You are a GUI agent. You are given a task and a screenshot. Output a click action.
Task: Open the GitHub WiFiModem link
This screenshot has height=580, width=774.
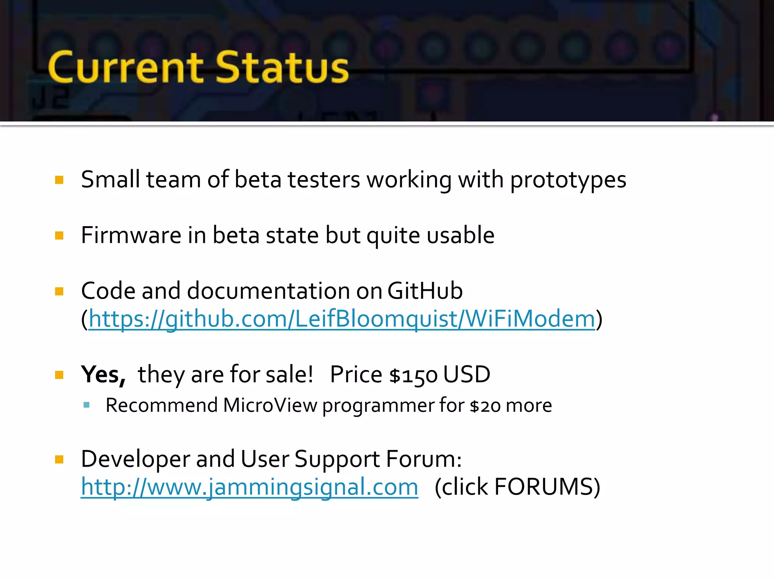[342, 319]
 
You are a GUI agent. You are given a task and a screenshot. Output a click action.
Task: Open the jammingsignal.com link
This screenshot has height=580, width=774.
[249, 487]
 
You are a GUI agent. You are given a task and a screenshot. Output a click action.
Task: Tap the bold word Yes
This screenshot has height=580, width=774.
[103, 375]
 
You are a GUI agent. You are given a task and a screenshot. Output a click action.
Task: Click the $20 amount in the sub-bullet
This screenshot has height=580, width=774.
[485, 406]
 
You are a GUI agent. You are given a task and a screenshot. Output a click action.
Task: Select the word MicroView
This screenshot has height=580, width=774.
[270, 406]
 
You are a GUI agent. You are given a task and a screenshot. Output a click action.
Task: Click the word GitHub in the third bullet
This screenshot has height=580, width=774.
[425, 291]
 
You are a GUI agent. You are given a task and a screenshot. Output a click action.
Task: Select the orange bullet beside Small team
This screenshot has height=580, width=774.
[59, 180]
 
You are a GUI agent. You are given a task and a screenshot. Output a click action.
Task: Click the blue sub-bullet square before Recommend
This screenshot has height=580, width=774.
[87, 405]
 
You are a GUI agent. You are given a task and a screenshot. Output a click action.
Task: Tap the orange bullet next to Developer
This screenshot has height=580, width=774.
[59, 459]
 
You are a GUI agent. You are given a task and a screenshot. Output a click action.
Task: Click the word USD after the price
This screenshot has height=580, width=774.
[467, 375]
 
